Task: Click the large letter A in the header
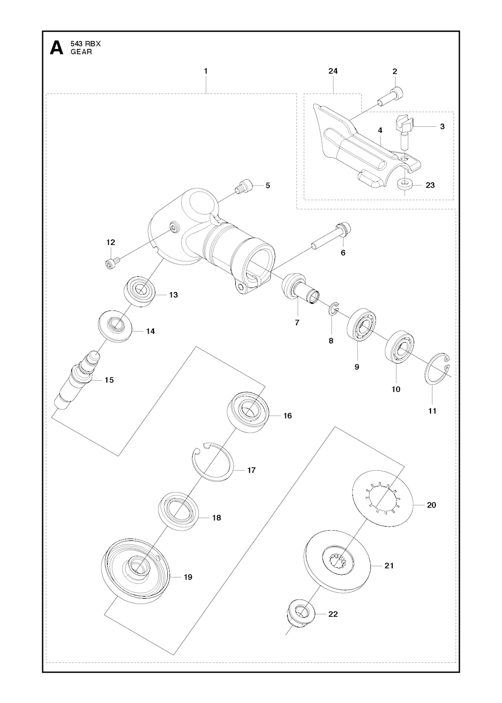[56, 48]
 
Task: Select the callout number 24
[333, 71]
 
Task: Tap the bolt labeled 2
[390, 97]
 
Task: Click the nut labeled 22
[300, 614]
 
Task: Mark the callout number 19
[188, 577]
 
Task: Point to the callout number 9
[357, 366]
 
